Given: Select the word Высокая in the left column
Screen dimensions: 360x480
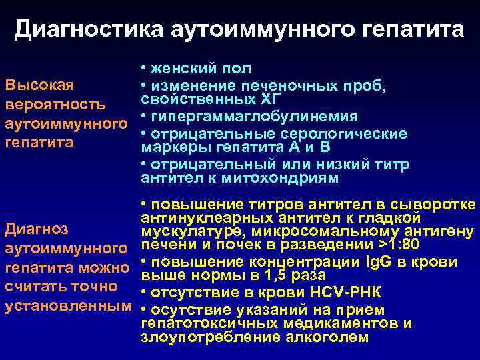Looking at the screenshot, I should click(x=39, y=86).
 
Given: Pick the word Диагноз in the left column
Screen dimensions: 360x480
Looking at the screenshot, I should click(x=37, y=230).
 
